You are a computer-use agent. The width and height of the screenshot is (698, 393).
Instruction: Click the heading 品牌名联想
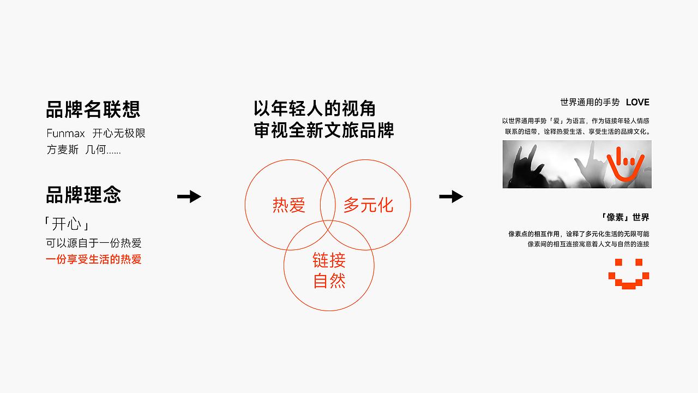(x=93, y=109)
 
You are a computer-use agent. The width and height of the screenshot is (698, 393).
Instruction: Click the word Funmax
(x=65, y=133)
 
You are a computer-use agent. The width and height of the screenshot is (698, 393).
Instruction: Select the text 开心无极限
(x=119, y=133)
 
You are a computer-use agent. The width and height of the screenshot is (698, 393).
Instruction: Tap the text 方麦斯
(x=63, y=150)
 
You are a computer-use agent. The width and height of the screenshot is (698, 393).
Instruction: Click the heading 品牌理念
(x=83, y=195)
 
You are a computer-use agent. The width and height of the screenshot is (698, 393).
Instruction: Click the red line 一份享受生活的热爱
(x=93, y=260)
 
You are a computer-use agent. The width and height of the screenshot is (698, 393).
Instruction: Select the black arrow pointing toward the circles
(x=189, y=196)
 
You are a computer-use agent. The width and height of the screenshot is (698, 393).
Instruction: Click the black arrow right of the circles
(x=451, y=196)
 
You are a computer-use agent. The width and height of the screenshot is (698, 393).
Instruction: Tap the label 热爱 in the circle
(x=289, y=206)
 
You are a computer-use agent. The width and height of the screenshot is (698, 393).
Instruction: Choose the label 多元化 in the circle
(x=368, y=205)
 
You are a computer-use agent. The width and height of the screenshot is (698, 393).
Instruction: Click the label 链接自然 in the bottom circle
(x=329, y=270)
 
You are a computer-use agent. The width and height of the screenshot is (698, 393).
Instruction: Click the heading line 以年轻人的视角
(x=315, y=109)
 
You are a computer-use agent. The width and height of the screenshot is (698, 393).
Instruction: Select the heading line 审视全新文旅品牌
(x=323, y=131)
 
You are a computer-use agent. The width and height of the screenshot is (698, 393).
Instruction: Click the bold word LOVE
(x=637, y=102)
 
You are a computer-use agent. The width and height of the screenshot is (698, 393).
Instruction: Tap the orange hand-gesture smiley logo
(x=626, y=164)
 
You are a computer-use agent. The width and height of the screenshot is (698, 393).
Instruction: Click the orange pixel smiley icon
(x=629, y=274)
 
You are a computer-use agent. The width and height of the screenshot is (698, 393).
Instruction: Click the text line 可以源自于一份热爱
(x=93, y=243)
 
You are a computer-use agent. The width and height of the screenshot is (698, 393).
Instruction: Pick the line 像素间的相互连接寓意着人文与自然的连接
(x=588, y=245)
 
